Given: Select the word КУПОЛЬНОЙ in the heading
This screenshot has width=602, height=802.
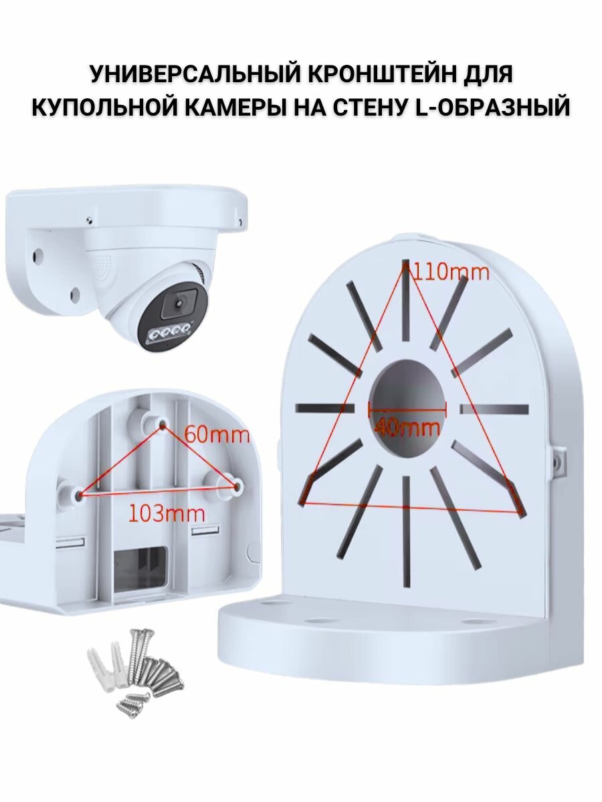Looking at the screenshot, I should coord(108,106).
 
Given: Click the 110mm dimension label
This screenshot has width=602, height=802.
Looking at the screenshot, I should coord(451,272).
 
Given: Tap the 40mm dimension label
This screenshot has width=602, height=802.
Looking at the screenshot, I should coord(407,426).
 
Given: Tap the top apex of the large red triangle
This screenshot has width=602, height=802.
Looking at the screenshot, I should coord(405,265).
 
